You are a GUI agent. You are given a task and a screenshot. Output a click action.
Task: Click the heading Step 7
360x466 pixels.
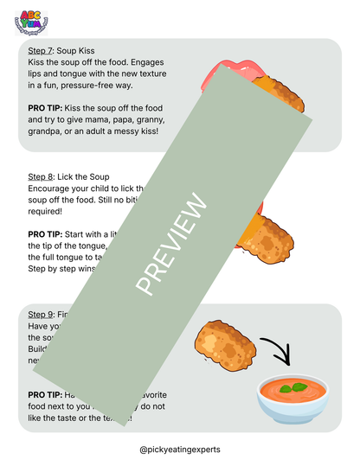[40, 51]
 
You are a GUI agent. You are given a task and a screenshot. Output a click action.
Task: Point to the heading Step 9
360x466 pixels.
[40, 313]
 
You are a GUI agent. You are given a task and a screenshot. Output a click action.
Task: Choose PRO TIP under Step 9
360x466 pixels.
[46, 394]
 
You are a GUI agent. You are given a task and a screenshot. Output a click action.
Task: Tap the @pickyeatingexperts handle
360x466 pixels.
[179, 450]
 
